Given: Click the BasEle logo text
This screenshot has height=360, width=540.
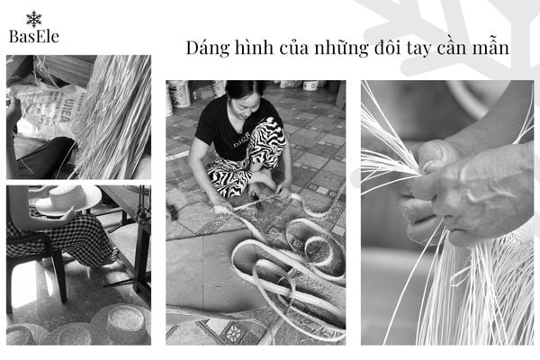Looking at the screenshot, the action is tap(34, 37).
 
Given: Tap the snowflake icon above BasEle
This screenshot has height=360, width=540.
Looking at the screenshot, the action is tap(34, 19).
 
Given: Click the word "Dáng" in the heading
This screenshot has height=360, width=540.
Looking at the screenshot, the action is tap(208, 48).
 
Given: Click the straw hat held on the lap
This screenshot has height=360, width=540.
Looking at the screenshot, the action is tap(68, 201).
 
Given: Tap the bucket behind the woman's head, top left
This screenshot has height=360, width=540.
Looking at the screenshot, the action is tap(179, 94).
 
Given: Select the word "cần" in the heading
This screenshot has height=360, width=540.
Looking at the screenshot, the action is tap(452, 47).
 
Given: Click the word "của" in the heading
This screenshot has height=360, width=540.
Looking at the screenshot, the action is tap(294, 48).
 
